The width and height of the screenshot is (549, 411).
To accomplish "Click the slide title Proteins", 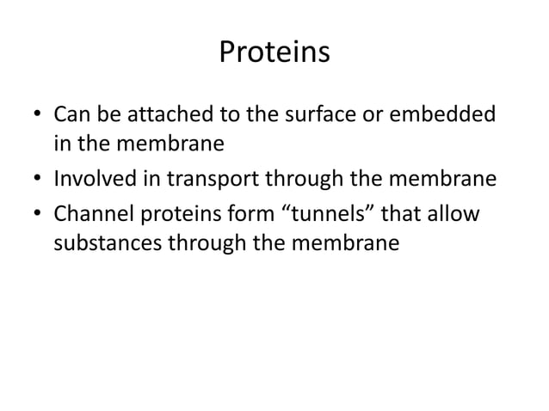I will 274,53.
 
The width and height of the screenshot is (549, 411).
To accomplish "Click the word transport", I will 200,180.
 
